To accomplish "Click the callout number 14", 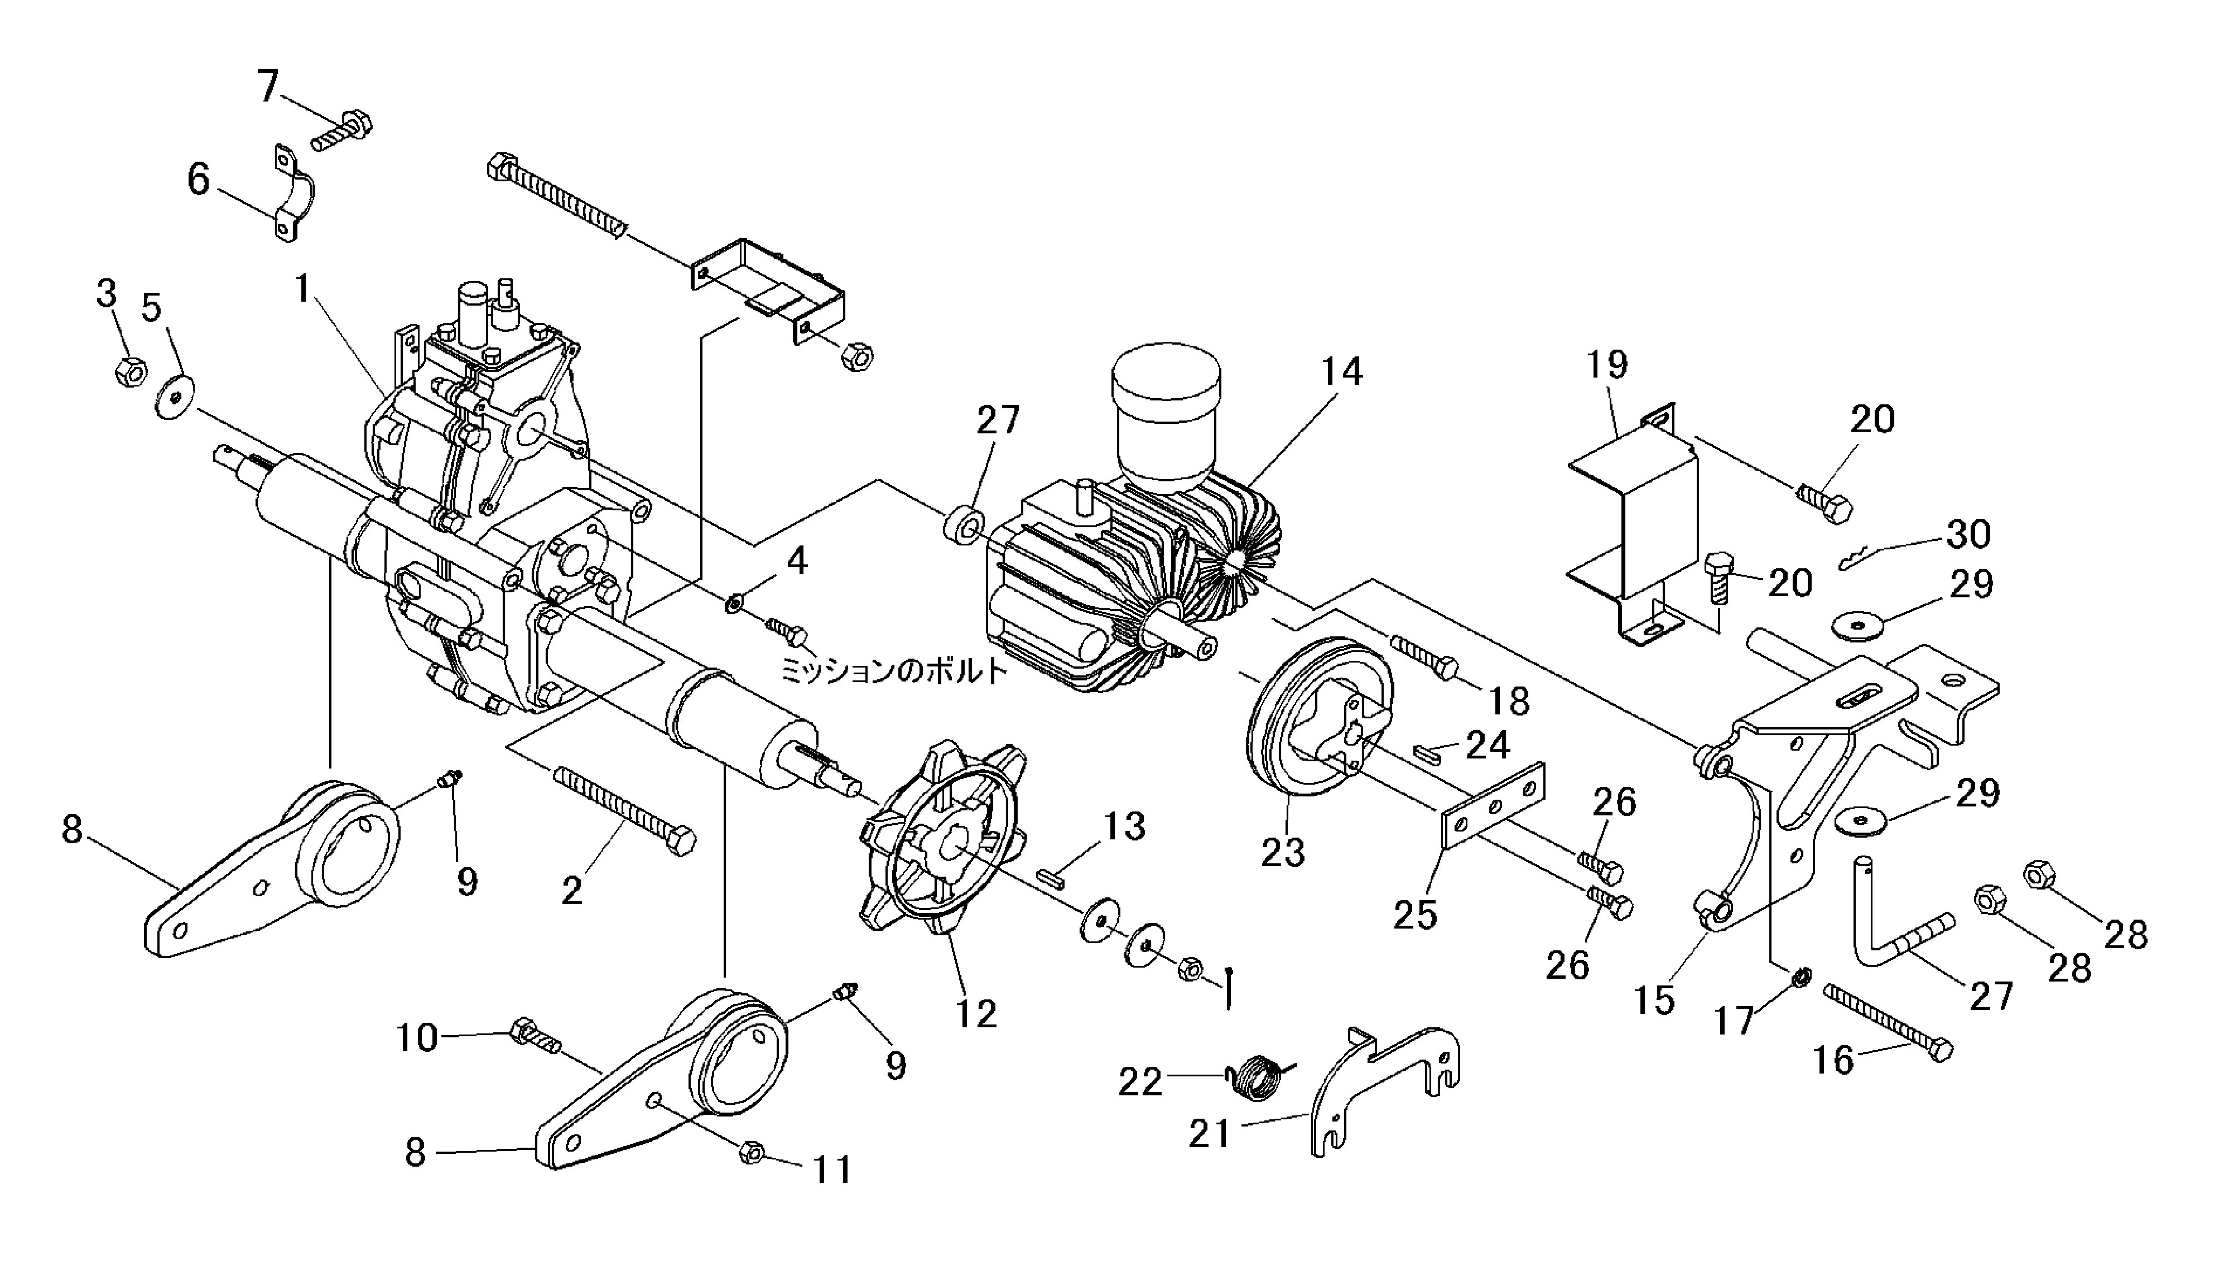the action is [1341, 373].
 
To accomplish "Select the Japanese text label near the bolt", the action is [892, 671].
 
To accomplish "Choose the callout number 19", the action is [1607, 365].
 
